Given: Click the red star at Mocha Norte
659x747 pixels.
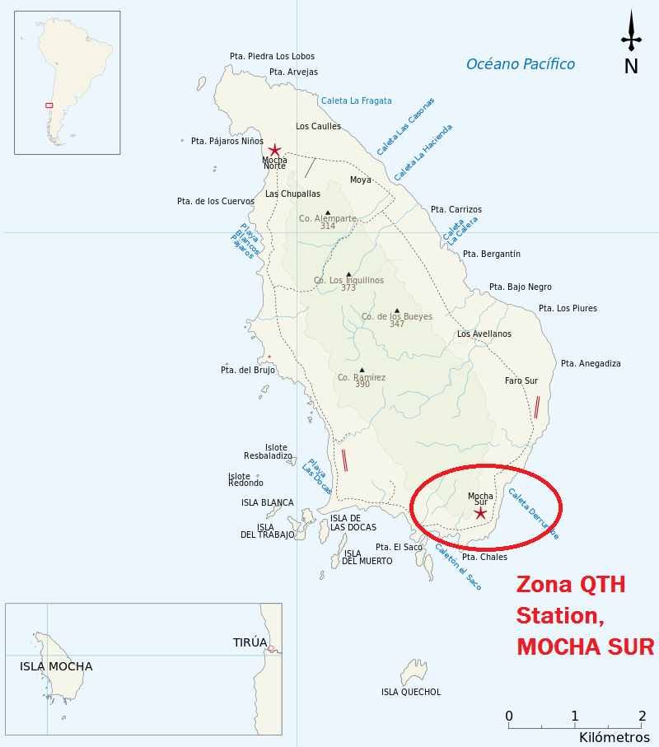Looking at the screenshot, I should click(x=274, y=150).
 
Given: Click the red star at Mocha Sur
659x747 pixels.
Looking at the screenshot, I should click(x=481, y=513).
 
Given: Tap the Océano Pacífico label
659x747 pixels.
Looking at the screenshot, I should click(x=520, y=64).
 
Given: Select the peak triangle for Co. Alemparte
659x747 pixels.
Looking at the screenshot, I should click(x=327, y=212).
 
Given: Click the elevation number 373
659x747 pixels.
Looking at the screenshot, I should click(x=348, y=288).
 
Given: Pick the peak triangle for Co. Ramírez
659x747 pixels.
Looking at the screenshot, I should click(x=362, y=370).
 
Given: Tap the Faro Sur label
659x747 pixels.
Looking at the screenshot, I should click(x=521, y=381).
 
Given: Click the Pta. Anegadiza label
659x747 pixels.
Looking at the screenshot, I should click(x=591, y=363).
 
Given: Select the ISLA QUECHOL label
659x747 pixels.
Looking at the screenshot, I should click(x=411, y=692).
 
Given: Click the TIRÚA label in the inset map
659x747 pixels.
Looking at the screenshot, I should click(x=250, y=642).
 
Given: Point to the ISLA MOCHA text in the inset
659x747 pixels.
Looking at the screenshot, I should click(x=56, y=666).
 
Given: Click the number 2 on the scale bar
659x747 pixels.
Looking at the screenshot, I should click(x=641, y=715).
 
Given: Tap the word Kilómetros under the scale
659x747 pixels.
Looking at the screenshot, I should click(x=614, y=737).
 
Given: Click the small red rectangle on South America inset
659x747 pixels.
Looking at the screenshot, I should click(x=49, y=105).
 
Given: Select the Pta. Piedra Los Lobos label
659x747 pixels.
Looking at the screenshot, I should click(x=272, y=56).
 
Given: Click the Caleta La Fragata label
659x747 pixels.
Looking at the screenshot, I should click(x=356, y=100).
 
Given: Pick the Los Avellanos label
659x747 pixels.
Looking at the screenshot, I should click(x=484, y=334).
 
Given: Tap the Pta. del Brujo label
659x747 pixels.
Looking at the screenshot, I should click(x=248, y=370).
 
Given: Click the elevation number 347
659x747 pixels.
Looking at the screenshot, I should click(x=397, y=324).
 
